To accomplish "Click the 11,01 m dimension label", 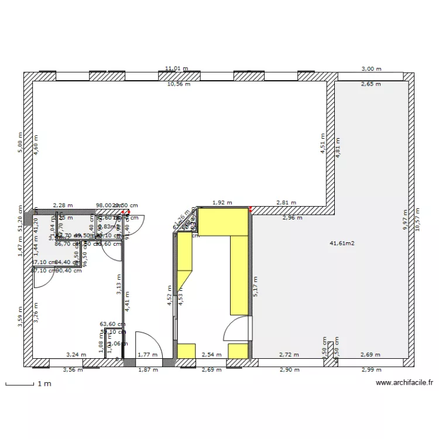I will pos(176,68).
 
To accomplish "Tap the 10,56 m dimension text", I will pos(179,84).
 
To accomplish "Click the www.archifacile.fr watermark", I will pos(404,383).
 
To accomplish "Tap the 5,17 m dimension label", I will pos(255,287).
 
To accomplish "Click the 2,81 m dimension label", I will pos(286,203).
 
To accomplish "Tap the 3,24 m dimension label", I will pos(76,355).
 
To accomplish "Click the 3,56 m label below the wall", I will pos(73,370).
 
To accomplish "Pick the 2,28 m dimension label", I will pos(63,205).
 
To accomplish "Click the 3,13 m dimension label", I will pos(119,287).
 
